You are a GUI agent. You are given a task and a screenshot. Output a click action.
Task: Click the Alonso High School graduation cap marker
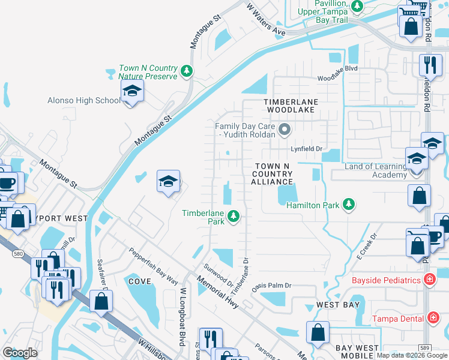[131, 92]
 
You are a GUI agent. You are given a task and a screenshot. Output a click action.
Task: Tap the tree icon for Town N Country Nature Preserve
[187, 71]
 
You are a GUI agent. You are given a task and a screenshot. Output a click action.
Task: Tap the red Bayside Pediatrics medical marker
[429, 280]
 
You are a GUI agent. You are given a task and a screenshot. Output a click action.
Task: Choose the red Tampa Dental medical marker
[433, 318]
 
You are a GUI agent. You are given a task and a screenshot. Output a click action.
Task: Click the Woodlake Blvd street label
[337, 69]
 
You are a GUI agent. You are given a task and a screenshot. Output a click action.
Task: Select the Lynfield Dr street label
[307, 148]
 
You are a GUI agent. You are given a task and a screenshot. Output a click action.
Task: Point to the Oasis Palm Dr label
[271, 286]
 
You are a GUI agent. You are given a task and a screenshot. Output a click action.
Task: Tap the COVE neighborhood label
[139, 281]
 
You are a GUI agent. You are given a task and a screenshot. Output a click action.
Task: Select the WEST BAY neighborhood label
[338, 305]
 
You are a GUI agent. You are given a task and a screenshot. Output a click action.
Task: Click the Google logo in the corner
[20, 352]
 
